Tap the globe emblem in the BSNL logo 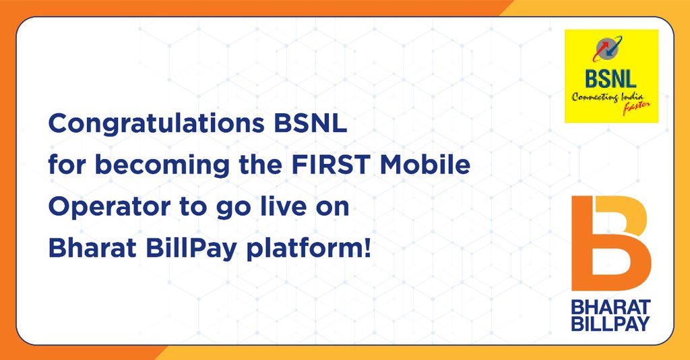click(x=611, y=53)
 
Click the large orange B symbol click(x=610, y=243)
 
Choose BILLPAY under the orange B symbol click(x=610, y=324)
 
